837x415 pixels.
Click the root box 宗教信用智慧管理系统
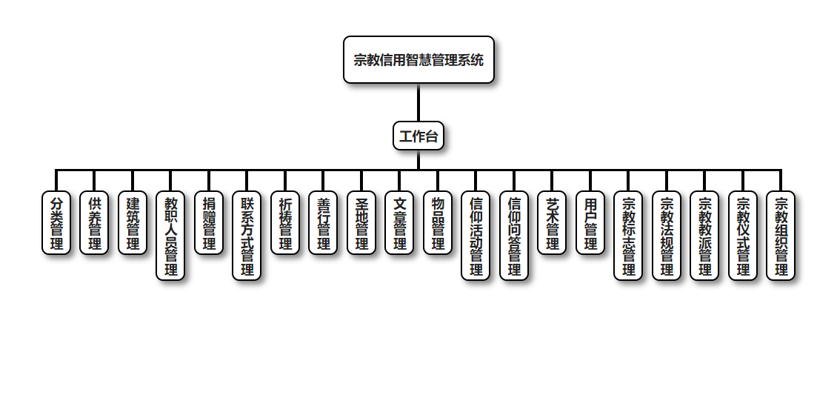click(x=418, y=60)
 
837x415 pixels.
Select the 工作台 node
click(x=418, y=136)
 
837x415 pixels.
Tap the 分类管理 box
click(x=56, y=223)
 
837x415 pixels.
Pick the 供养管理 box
click(x=94, y=223)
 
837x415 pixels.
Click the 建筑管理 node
click(x=133, y=223)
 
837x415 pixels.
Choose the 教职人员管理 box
click(x=170, y=236)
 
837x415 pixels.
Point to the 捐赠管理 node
click(x=209, y=223)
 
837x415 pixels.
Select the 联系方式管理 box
click(x=247, y=236)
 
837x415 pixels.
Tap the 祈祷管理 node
click(x=285, y=223)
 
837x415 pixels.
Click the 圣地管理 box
click(x=361, y=223)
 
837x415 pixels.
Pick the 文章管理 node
click(x=399, y=223)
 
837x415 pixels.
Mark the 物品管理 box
click(x=438, y=223)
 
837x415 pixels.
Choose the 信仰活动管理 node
click(x=476, y=236)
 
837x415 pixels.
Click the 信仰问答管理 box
click(x=514, y=236)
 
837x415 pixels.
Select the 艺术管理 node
click(x=552, y=223)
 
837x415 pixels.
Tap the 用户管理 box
click(x=590, y=223)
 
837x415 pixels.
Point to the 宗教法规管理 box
click(x=667, y=236)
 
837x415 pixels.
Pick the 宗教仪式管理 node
click(x=743, y=236)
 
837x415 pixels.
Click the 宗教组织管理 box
click(x=781, y=236)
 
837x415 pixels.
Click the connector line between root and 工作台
click(x=418, y=102)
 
